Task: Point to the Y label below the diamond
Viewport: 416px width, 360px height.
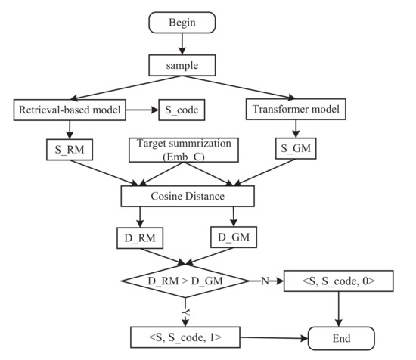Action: (x=186, y=309)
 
